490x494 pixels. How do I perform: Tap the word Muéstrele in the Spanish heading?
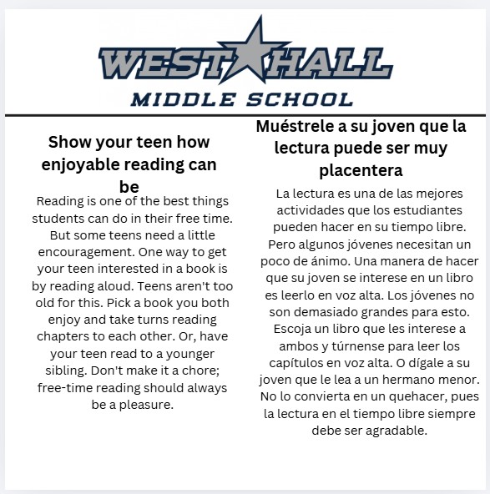coord(298,127)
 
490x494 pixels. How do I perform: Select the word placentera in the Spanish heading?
coord(361,170)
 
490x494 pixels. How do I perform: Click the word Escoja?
coord(285,329)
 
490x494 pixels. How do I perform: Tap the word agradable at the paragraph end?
coord(394,431)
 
